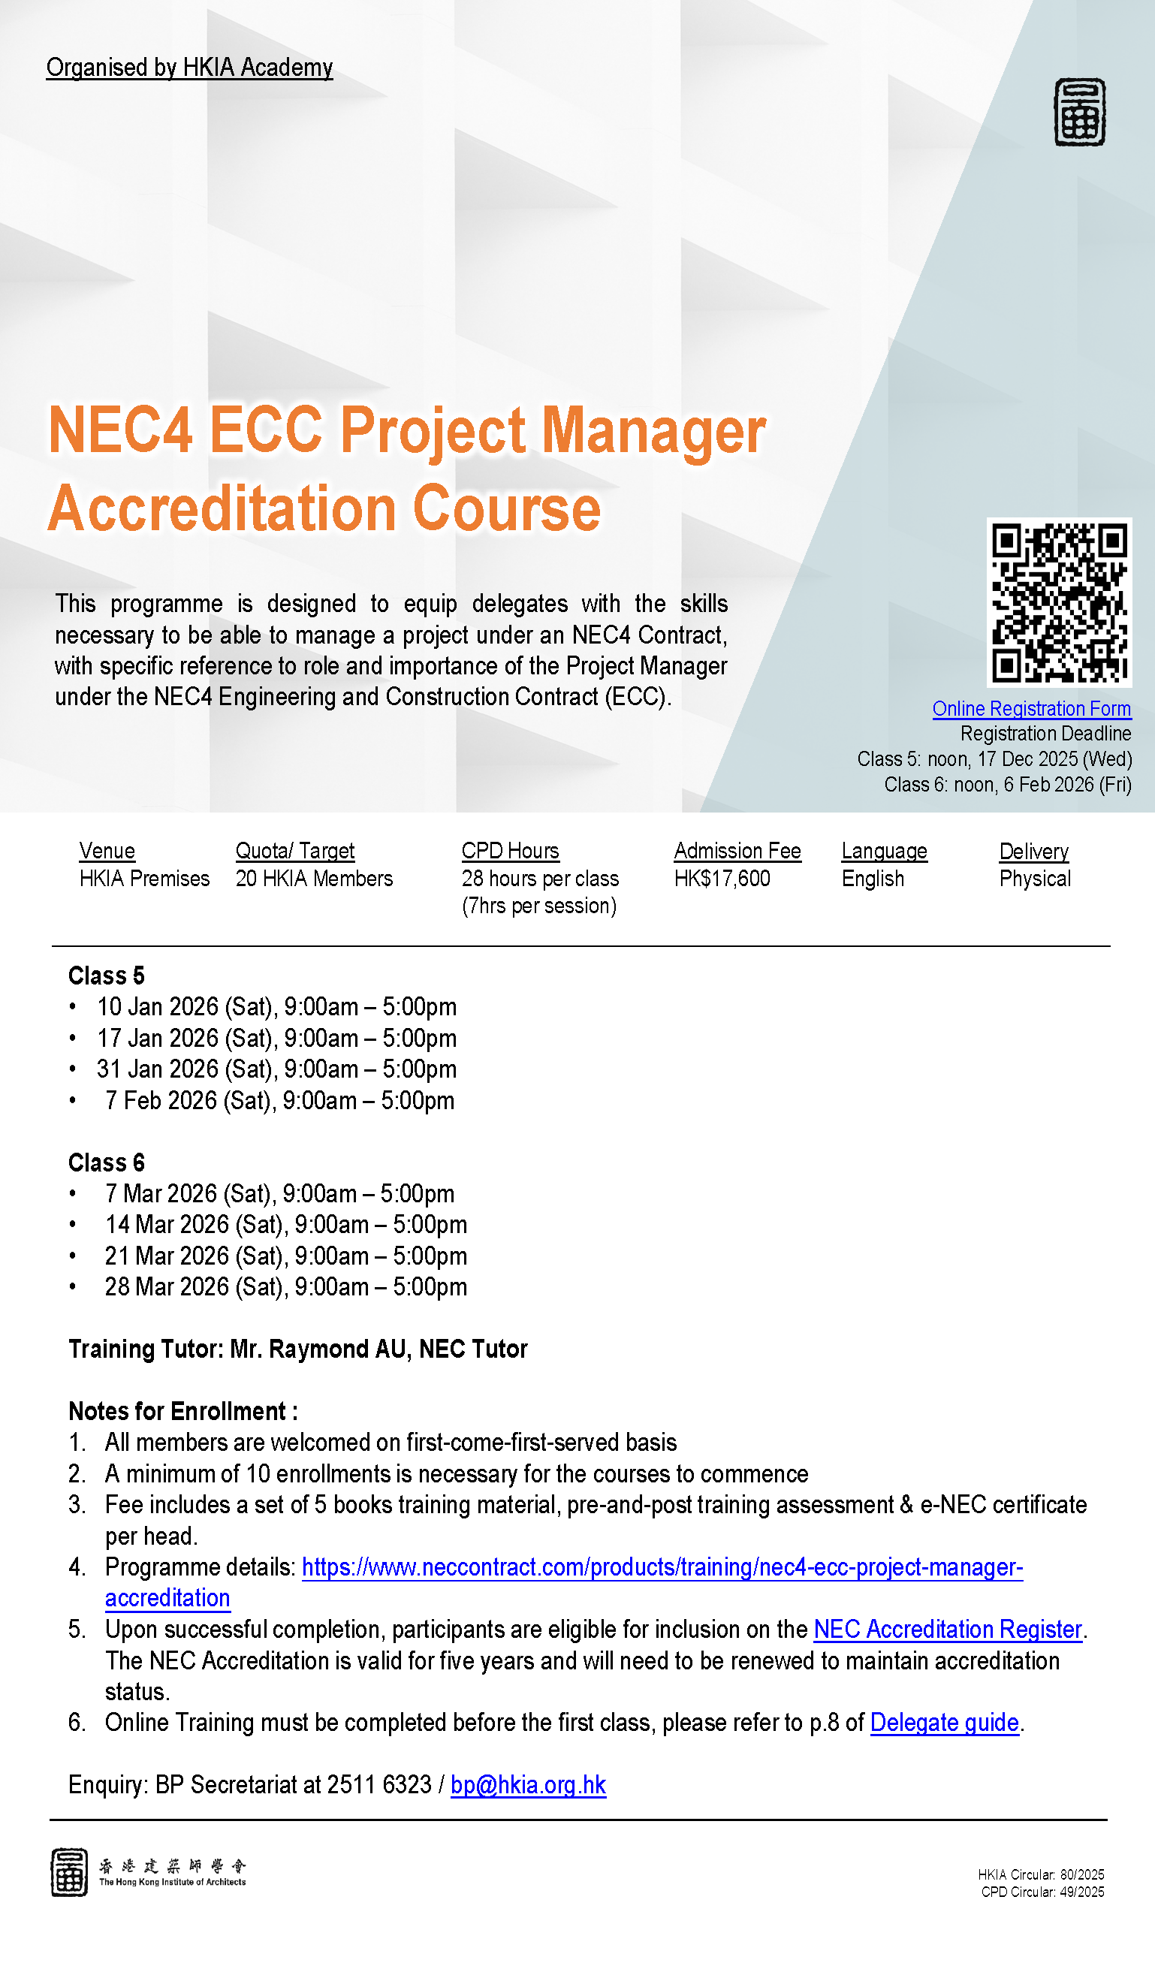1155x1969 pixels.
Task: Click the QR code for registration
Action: (1059, 602)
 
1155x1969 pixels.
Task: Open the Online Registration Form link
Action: (1032, 709)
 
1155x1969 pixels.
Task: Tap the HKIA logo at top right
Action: (1079, 112)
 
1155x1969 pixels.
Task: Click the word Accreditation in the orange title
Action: (223, 509)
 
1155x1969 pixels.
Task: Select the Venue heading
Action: (107, 851)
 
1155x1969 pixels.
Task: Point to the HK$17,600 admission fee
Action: (722, 879)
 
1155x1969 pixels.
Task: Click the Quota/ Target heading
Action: (294, 851)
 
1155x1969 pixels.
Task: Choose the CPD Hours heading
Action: (511, 851)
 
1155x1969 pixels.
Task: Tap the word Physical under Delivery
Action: (1035, 879)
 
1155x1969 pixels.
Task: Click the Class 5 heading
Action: (107, 976)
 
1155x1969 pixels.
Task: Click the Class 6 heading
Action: (107, 1162)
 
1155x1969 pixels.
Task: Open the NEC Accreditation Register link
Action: (948, 1630)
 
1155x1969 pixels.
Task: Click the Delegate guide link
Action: (945, 1723)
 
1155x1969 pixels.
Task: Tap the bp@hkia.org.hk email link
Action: (528, 1785)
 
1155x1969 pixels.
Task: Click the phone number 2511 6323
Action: (379, 1785)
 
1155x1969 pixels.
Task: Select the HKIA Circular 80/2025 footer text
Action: (1041, 1875)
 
